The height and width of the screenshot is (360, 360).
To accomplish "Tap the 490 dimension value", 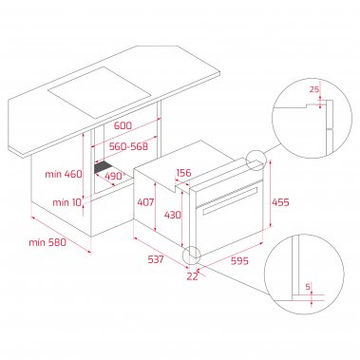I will click(116, 176).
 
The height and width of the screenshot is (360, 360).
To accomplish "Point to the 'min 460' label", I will click(65, 174).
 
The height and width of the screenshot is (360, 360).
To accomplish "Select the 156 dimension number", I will click(185, 173).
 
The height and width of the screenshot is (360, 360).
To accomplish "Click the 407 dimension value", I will click(145, 203).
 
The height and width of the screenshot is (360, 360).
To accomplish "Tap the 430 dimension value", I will click(172, 216).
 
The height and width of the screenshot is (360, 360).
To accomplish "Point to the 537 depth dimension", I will click(158, 258).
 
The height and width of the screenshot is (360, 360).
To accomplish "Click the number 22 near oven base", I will click(193, 276).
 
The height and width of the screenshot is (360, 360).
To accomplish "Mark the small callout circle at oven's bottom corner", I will click(193, 255).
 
